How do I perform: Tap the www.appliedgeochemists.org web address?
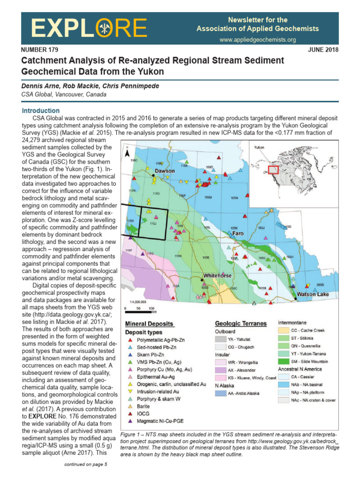257,40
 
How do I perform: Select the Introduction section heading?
41,111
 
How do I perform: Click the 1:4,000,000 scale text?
135,302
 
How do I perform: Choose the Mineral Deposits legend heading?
150,324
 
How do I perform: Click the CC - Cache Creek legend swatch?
284,330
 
